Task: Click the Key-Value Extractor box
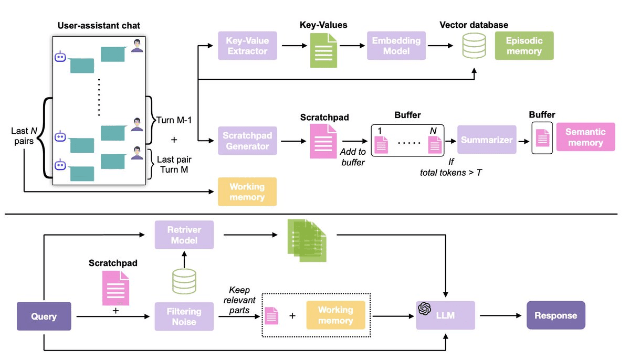pyautogui.click(x=247, y=46)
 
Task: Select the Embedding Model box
pyautogui.click(x=396, y=46)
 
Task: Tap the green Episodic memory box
pyautogui.click(x=524, y=46)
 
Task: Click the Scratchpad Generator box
pyautogui.click(x=247, y=140)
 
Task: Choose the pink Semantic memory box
pyautogui.click(x=585, y=137)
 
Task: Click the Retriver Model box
pyautogui.click(x=184, y=235)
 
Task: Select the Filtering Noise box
pyautogui.click(x=184, y=316)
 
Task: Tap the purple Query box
pyautogui.click(x=44, y=316)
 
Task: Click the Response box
pyautogui.click(x=555, y=315)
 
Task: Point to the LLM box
pyautogui.click(x=445, y=315)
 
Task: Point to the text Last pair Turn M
pyautogui.click(x=174, y=163)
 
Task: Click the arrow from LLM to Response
pyautogui.click(x=500, y=316)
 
